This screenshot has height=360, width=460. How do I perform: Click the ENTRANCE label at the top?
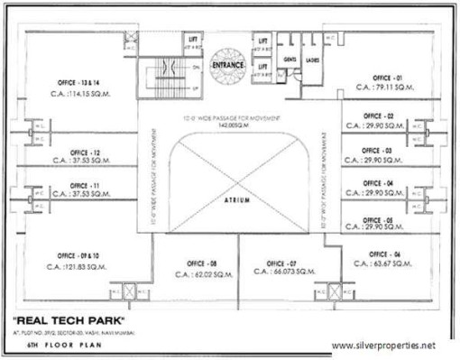click(227, 66)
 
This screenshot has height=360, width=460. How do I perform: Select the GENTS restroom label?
click(290, 60)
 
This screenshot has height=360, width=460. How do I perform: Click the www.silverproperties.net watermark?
click(390, 345)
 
